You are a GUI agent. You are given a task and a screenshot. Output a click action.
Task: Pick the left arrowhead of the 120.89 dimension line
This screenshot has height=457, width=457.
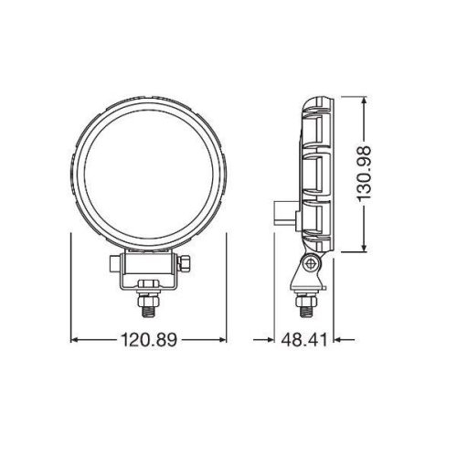[75, 340]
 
